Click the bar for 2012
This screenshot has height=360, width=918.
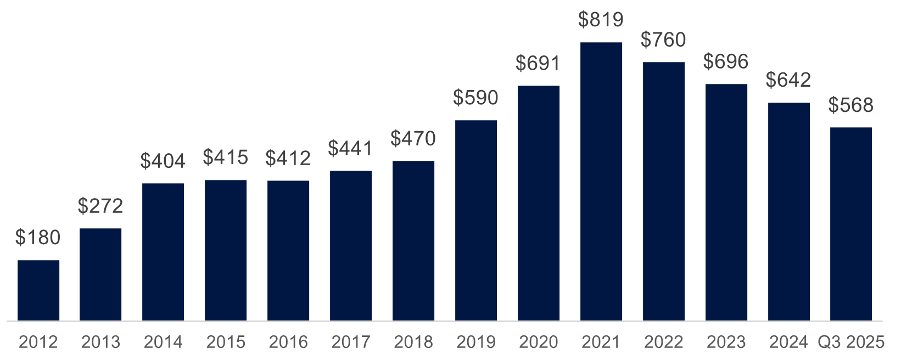pos(38,290)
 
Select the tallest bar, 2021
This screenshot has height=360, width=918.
pos(601,181)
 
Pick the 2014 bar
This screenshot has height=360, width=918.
pos(163,252)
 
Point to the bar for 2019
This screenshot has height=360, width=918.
pos(476,220)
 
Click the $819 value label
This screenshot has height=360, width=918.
pos(601,20)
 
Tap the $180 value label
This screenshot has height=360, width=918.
pos(38,238)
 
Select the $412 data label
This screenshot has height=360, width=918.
pos(288,159)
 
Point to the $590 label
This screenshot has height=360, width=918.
pos(476,98)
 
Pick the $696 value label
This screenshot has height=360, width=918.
pos(726,61)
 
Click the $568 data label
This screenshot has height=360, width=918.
pos(851,105)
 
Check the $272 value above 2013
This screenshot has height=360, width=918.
pos(100,206)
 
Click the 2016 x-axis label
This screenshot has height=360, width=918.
pos(288,342)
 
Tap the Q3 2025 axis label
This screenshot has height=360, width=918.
pos(851,342)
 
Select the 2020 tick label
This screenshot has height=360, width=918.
pos(539,342)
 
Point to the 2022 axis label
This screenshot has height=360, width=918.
pos(664,342)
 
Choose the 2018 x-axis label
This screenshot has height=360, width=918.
pos(413,342)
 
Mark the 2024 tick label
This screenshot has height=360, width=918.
pos(788,342)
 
